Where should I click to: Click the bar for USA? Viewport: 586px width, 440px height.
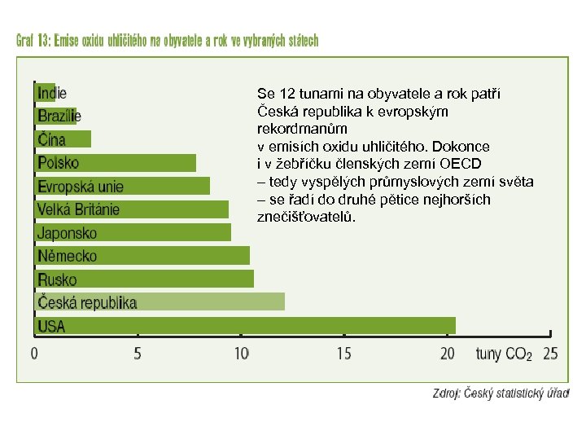[x=244, y=326]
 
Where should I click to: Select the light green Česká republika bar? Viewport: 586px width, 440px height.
[x=160, y=302]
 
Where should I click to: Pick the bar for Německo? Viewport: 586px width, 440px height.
[x=142, y=256]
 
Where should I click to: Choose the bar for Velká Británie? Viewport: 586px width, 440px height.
[x=131, y=209]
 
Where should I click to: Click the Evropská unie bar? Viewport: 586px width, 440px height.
[x=122, y=186]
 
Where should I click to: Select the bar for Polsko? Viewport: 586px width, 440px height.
[x=115, y=163]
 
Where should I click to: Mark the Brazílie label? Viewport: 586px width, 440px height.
[x=59, y=117]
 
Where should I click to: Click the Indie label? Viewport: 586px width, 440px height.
[x=52, y=93]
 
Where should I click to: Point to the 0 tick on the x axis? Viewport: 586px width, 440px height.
[x=34, y=354]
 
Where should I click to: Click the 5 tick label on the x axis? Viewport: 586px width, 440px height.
[x=137, y=354]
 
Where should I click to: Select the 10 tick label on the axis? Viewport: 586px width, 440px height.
[x=241, y=354]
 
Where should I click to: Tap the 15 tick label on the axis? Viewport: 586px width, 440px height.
[x=343, y=354]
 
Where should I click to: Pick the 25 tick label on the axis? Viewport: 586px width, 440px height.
[x=550, y=354]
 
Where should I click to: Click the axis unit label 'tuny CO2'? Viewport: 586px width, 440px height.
[x=504, y=354]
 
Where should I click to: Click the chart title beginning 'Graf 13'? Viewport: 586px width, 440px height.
[x=167, y=41]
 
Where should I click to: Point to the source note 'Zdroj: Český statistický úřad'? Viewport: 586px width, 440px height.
[x=500, y=394]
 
